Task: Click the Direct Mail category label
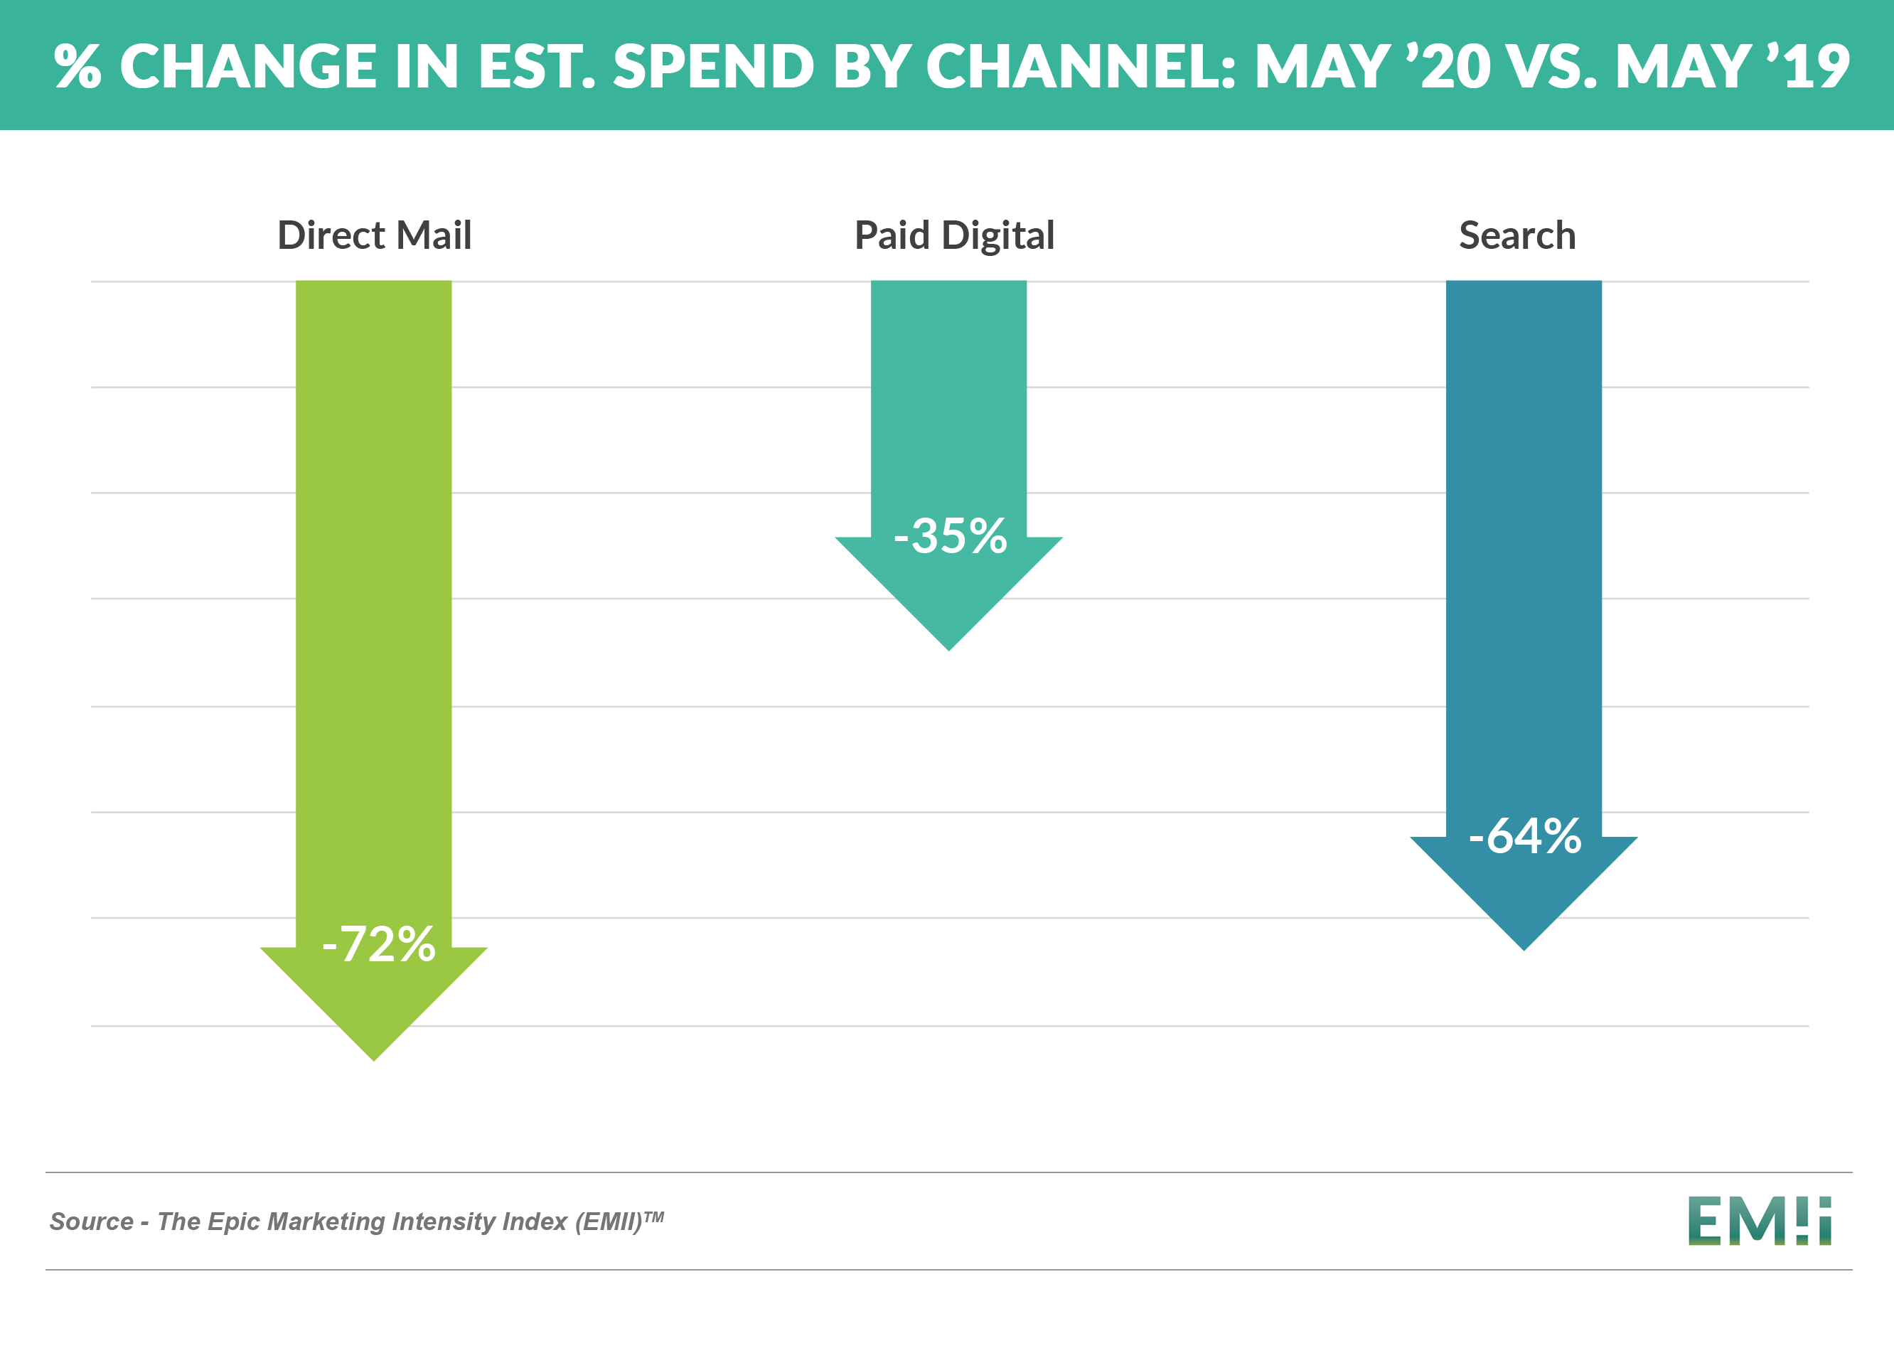(374, 235)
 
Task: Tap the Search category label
(1516, 235)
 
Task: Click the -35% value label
(951, 535)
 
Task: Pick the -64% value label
(1524, 835)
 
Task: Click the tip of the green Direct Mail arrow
(374, 1058)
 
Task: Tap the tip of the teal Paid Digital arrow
(948, 648)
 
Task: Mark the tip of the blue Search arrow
(1524, 948)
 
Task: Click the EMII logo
(1759, 1220)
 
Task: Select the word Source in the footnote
(91, 1222)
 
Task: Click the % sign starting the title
(77, 66)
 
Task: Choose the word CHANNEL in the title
(1081, 66)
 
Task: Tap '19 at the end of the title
(1808, 66)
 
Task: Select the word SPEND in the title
(713, 66)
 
